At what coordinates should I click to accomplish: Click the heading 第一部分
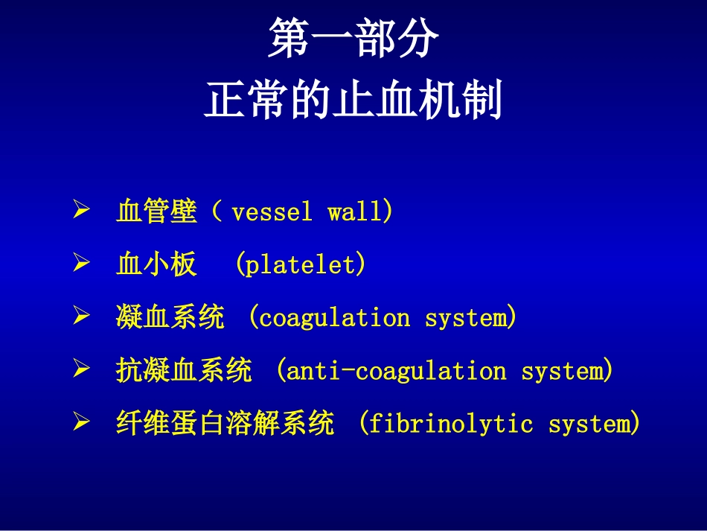tap(353, 40)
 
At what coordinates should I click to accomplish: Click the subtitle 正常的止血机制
tap(353, 102)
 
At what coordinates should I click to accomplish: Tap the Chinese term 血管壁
tap(157, 212)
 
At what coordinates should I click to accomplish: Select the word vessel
tap(272, 213)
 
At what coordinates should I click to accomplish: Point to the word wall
tap(358, 213)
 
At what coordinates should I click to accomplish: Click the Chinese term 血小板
tap(157, 265)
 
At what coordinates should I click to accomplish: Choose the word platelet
tap(301, 265)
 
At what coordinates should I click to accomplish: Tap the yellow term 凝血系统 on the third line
tap(170, 318)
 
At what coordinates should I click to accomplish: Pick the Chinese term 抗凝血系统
tap(184, 371)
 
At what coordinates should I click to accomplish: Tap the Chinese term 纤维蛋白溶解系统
tap(225, 424)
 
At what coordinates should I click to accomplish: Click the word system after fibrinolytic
tap(591, 424)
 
